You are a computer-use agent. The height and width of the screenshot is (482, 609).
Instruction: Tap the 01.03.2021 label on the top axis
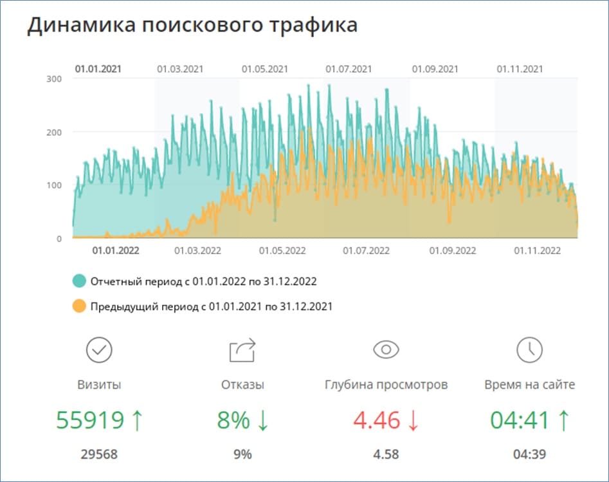pyautogui.click(x=180, y=69)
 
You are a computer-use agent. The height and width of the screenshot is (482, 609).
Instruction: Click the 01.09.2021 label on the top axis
pyautogui.click(x=435, y=69)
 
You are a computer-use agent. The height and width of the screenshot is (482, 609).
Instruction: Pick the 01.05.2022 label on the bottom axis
pyautogui.click(x=282, y=251)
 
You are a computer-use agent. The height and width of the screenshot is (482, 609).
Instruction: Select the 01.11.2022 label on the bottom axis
pyautogui.click(x=538, y=251)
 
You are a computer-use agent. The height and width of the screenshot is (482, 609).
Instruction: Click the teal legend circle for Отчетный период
pyautogui.click(x=79, y=281)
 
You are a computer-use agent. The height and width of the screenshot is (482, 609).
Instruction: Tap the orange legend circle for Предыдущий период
pyautogui.click(x=79, y=306)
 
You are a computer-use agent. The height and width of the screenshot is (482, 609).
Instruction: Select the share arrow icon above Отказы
pyautogui.click(x=242, y=350)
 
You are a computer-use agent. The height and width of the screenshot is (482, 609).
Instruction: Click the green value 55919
pyautogui.click(x=90, y=420)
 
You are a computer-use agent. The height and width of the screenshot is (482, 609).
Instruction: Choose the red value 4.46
pyautogui.click(x=377, y=420)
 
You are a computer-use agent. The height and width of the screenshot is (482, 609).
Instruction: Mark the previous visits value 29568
pyautogui.click(x=99, y=454)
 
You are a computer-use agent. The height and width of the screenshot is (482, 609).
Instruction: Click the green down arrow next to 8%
pyautogui.click(x=262, y=420)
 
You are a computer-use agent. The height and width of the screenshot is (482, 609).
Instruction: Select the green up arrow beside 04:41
pyautogui.click(x=563, y=420)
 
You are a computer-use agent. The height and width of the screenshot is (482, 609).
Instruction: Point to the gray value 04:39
pyautogui.click(x=529, y=454)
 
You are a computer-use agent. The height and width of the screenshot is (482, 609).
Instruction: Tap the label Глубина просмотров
pyautogui.click(x=386, y=385)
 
